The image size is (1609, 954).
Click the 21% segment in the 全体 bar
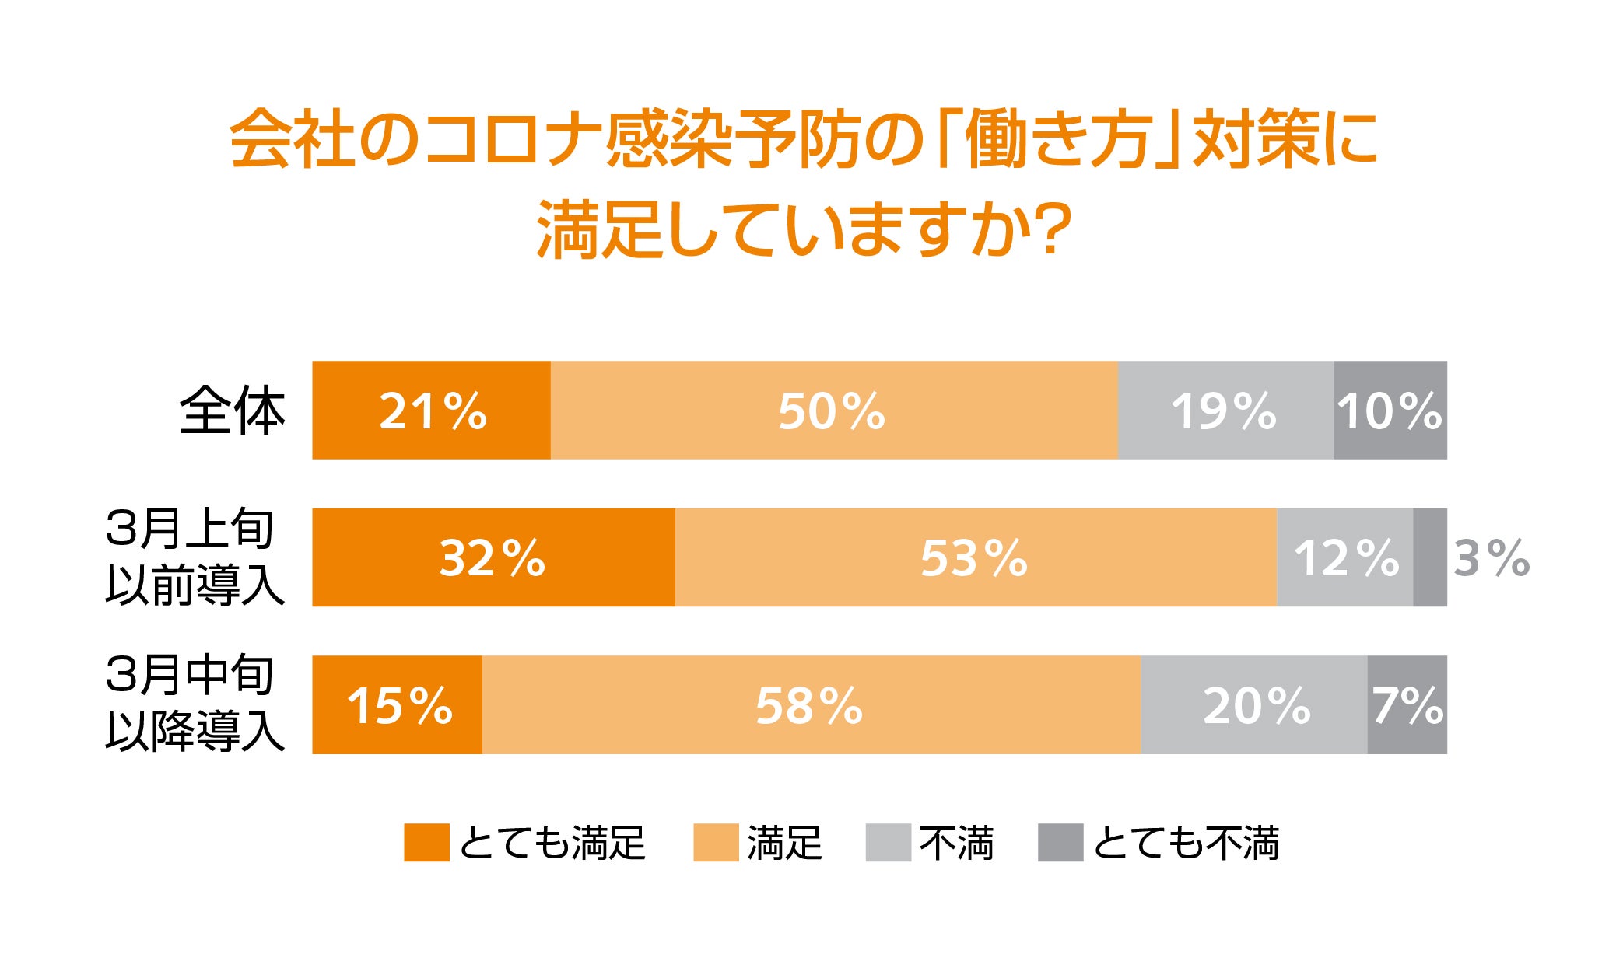(x=431, y=410)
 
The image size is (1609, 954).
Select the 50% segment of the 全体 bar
(x=834, y=410)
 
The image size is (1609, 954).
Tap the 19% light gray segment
(x=1225, y=410)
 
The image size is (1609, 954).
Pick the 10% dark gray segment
(x=1390, y=410)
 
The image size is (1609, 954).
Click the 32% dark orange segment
(x=494, y=557)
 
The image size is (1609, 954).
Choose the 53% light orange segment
(x=976, y=557)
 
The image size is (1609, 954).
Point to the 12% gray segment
(x=1345, y=557)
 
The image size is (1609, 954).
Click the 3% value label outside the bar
(x=1492, y=558)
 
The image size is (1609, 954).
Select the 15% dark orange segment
(x=398, y=704)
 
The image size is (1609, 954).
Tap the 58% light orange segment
(x=812, y=704)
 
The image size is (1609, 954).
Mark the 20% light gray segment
(x=1254, y=704)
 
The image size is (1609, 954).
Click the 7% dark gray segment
(x=1407, y=704)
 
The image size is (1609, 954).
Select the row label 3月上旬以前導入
(x=195, y=557)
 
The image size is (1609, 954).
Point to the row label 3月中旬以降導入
(x=195, y=704)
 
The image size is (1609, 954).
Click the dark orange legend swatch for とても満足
(x=426, y=843)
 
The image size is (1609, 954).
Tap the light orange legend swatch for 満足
(x=716, y=843)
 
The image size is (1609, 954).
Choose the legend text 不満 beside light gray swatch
(x=956, y=843)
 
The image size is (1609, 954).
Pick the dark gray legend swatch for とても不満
(x=1060, y=843)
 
